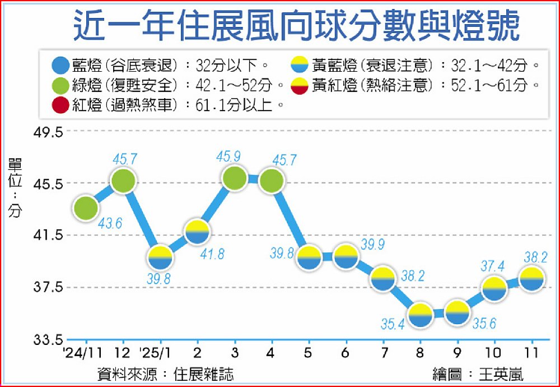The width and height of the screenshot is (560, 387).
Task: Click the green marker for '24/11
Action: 85,208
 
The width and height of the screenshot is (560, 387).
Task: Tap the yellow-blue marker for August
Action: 419,315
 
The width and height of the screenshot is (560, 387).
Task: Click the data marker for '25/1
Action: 160,257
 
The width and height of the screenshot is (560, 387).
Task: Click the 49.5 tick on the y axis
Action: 49,133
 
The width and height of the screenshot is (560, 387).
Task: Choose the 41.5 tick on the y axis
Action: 49,236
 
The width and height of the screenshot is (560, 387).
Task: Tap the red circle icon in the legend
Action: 58,104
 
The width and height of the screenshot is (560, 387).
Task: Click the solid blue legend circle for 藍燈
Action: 58,65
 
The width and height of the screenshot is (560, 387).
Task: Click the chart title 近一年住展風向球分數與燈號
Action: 296,27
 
